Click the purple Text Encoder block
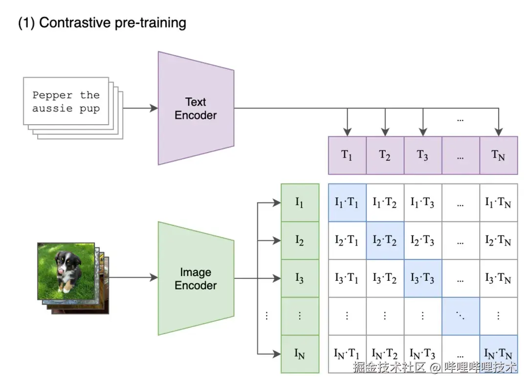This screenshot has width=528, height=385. pyautogui.click(x=196, y=109)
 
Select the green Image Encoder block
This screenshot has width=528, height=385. pyautogui.click(x=196, y=278)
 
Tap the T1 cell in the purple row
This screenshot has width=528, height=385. pyautogui.click(x=347, y=156)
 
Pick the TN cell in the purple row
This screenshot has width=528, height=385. pyautogui.click(x=498, y=156)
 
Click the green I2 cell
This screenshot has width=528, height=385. pyautogui.click(x=300, y=240)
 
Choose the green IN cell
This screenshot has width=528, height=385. pyautogui.click(x=300, y=354)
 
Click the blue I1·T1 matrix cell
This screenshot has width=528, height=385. pyautogui.click(x=347, y=203)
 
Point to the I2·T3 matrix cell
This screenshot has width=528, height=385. pyautogui.click(x=422, y=240)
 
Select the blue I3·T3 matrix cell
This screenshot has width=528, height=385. pyautogui.click(x=422, y=278)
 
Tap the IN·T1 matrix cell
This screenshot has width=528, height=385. pyautogui.click(x=347, y=354)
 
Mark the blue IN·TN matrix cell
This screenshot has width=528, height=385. pyautogui.click(x=498, y=353)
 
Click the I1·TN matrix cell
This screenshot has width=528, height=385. pyautogui.click(x=498, y=203)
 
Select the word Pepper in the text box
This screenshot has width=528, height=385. pyautogui.click(x=52, y=95)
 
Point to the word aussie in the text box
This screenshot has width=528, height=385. pyautogui.click(x=52, y=108)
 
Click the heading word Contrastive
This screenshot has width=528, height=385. pyautogui.click(x=75, y=23)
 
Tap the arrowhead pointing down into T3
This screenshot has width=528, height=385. pyautogui.click(x=423, y=132)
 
